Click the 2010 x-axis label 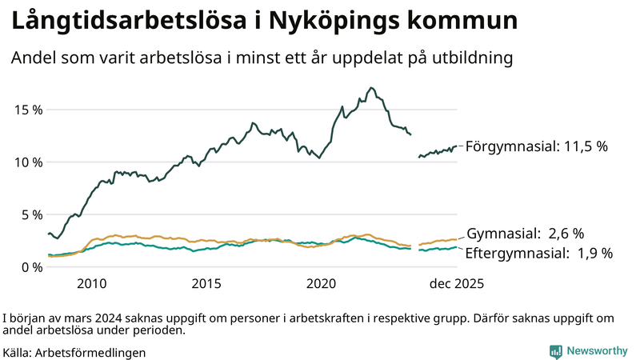click(x=91, y=284)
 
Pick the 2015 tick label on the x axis click(x=206, y=284)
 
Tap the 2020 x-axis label click(x=322, y=284)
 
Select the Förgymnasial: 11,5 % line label click(x=537, y=146)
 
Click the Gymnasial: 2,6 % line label click(x=525, y=234)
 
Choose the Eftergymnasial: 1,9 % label click(x=539, y=253)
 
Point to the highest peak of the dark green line click(x=371, y=88)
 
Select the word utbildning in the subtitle click(x=470, y=58)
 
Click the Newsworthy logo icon click(x=555, y=350)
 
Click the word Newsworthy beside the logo click(x=596, y=350)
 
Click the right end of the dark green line click(x=457, y=146)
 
